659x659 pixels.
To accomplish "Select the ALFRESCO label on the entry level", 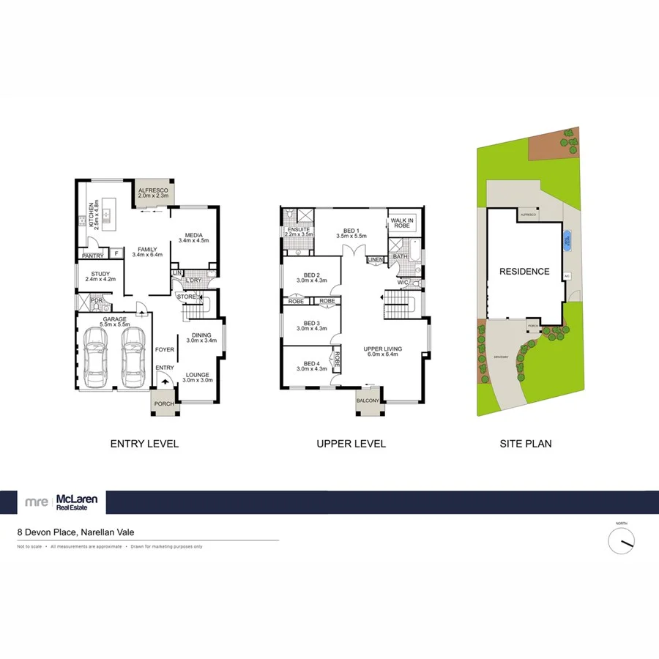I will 154,193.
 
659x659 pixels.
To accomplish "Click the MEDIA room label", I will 193,237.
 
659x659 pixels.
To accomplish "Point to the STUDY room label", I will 97,276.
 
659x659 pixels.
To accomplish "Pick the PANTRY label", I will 92,256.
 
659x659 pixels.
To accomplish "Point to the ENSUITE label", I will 299,231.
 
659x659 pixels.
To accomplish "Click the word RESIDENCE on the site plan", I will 524,272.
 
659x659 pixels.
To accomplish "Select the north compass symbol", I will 622,541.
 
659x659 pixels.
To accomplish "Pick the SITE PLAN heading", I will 526,444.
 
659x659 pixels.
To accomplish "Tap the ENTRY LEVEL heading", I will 144,444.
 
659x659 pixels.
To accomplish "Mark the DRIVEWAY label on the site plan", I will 501,357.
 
